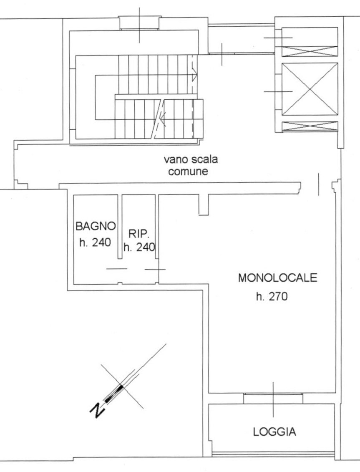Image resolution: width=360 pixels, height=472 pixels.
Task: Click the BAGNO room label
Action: pos(95,227)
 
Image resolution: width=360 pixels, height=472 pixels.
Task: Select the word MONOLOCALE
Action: pos(278,278)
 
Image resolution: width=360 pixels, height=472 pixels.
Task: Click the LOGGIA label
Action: pos(274,432)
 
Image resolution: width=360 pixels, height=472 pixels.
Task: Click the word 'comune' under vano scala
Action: pos(188,172)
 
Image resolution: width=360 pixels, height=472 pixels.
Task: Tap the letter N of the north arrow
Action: pos(97,411)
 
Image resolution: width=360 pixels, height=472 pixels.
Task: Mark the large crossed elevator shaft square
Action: pos(310,89)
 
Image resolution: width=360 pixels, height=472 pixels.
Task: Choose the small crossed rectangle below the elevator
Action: pos(310,126)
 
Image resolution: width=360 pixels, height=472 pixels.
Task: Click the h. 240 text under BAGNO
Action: pos(95,242)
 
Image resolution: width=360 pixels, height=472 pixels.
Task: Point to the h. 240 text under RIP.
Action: pos(140,247)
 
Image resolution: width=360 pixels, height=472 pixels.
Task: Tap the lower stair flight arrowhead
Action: pos(162,121)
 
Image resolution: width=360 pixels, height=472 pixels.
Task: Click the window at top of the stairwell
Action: pos(139,23)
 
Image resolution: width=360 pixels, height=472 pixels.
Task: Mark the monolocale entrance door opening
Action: pos(318,185)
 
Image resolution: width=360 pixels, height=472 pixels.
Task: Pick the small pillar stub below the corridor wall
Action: pos(203,205)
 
